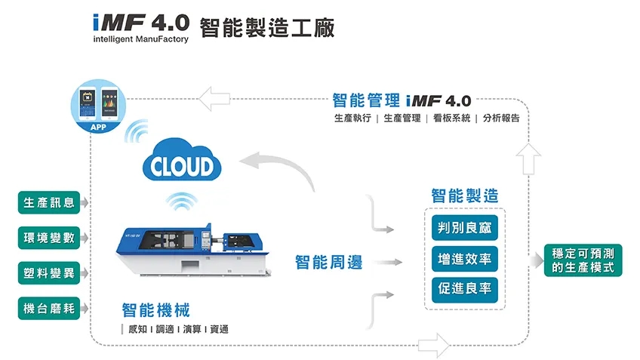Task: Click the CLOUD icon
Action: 182,163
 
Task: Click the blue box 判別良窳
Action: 464,228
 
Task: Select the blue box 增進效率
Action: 464,259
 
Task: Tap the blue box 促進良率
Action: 464,289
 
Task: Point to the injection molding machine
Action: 193,245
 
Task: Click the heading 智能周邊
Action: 328,263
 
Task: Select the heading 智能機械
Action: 156,310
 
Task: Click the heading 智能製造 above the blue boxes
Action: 464,195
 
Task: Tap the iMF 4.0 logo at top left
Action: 140,26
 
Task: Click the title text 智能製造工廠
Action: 267,27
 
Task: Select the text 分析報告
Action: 501,118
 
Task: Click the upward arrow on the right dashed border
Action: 531,157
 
